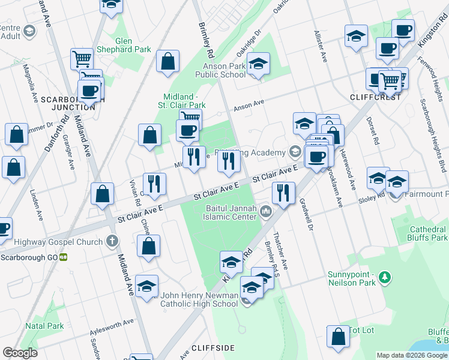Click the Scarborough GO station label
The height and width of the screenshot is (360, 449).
(29, 257)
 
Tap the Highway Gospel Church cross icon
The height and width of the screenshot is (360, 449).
(111, 241)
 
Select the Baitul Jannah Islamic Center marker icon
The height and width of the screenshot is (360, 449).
(266, 212)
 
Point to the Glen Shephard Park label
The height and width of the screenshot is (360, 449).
(125, 45)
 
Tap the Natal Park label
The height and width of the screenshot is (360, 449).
(44, 326)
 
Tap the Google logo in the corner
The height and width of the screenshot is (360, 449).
(20, 353)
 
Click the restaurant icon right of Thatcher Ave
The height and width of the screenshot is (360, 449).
(282, 193)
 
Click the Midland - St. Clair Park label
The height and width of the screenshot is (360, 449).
(185, 101)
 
